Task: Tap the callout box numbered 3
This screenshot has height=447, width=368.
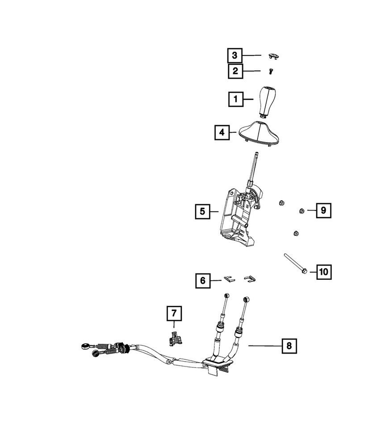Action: point(235,55)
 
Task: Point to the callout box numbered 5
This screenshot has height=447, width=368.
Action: point(203,211)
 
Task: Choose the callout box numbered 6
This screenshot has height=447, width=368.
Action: point(203,281)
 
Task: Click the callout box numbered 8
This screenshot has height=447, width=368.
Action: point(289,345)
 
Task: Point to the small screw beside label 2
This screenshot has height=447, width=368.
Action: point(270,71)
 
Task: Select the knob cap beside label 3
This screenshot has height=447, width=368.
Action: point(273,56)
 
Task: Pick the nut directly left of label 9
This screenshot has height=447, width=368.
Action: point(301,211)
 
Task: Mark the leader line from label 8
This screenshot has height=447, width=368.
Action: point(263,345)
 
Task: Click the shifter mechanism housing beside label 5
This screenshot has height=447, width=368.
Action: point(237,219)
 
